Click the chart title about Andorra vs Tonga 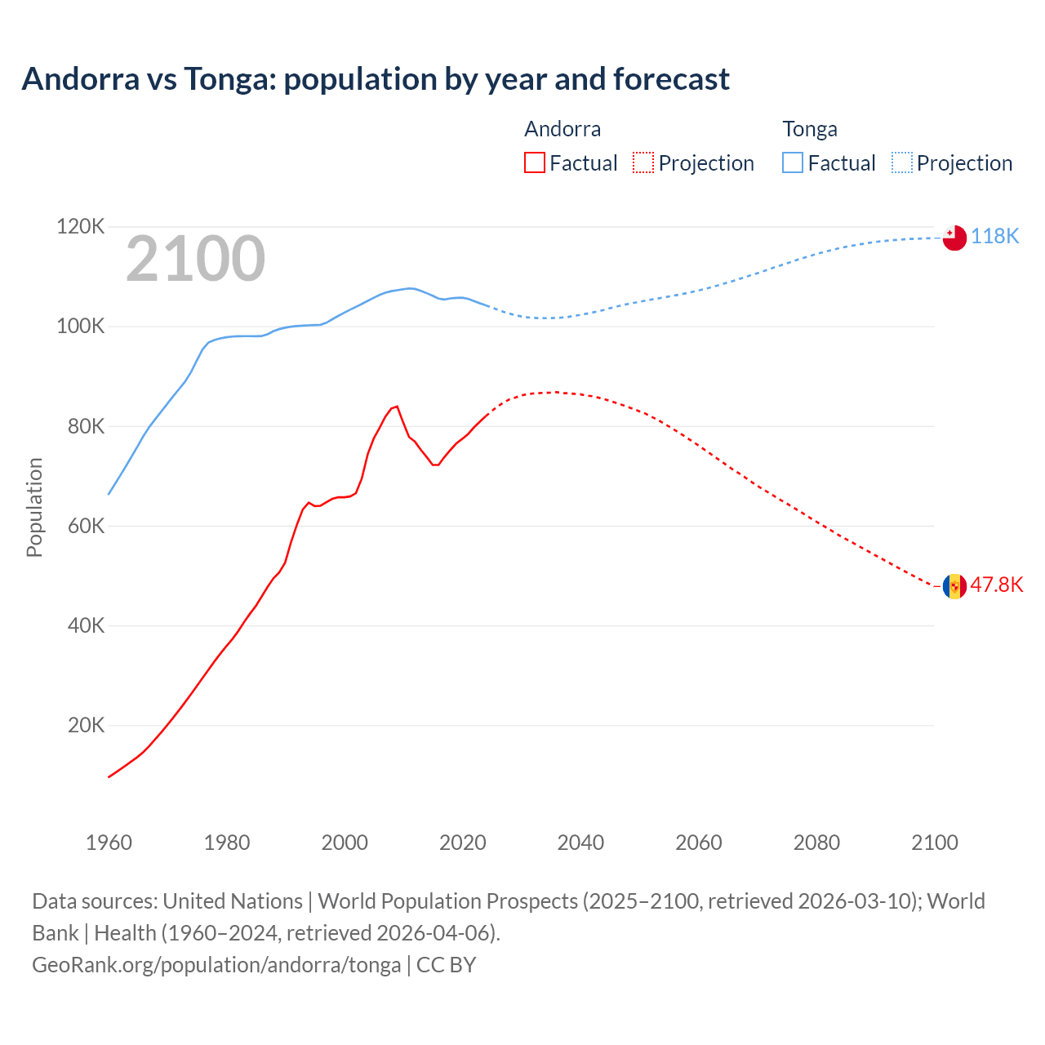click(376, 79)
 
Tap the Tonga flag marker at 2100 click(954, 238)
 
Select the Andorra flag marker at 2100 click(954, 586)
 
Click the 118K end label click(995, 237)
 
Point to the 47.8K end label click(996, 585)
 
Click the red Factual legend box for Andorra click(534, 162)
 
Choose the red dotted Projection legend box click(643, 162)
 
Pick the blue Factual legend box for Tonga click(793, 162)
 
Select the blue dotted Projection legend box click(902, 162)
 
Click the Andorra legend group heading click(563, 129)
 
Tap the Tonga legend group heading click(810, 129)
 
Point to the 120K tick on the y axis click(80, 226)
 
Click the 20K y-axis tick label click(86, 725)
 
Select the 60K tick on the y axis click(86, 526)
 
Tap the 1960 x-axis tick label click(109, 843)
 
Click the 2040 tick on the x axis click(580, 843)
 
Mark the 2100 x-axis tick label click(934, 843)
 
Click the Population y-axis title click(34, 507)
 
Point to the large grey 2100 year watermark click(195, 259)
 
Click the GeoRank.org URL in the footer click(216, 965)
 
